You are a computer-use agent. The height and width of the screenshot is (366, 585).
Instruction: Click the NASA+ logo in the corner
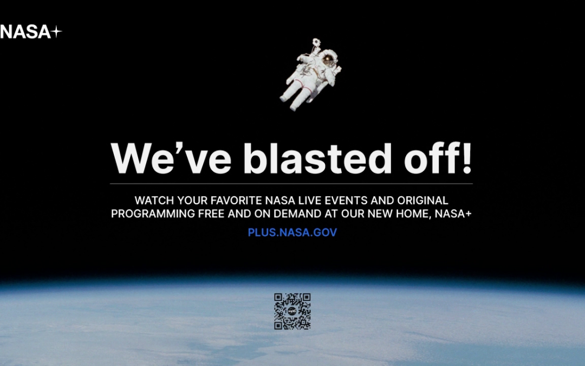click(x=31, y=32)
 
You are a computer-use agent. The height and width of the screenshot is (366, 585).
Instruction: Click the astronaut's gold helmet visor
click(x=328, y=60)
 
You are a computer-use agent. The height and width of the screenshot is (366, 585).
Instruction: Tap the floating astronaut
click(x=310, y=75)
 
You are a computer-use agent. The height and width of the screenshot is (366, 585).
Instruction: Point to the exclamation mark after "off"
click(x=467, y=158)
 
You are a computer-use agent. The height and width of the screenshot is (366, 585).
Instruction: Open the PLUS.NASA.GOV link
click(x=292, y=232)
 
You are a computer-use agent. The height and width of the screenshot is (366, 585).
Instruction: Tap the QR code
click(x=292, y=311)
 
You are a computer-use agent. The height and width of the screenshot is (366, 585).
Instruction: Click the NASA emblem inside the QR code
click(x=292, y=311)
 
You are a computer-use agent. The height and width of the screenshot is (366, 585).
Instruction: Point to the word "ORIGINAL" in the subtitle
click(x=422, y=201)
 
